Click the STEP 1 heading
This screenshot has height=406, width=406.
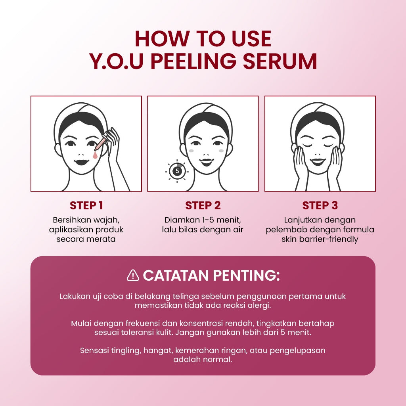[x=86, y=205]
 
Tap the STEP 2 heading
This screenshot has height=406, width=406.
[x=203, y=205]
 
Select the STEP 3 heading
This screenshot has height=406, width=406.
[x=320, y=205]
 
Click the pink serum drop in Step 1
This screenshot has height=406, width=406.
[x=94, y=156]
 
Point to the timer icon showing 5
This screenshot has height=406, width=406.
[x=177, y=171]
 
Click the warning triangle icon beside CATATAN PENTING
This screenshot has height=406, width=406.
[x=133, y=275]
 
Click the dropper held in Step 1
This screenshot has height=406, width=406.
[x=100, y=143]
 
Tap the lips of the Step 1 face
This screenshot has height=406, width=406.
[x=83, y=163]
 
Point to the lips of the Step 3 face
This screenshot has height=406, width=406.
[x=318, y=162]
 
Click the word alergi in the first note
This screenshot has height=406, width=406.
[x=260, y=306]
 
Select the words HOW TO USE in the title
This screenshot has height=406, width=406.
[x=203, y=39]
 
